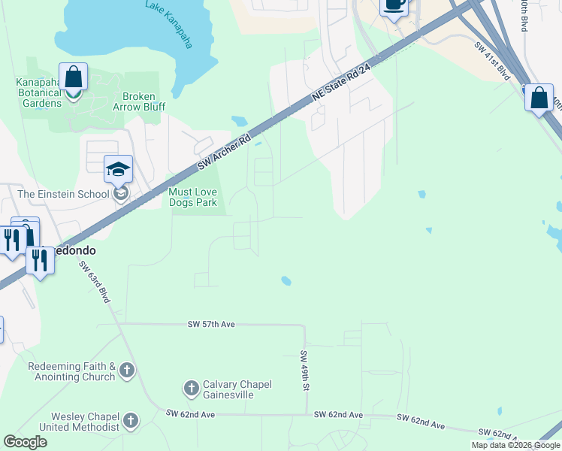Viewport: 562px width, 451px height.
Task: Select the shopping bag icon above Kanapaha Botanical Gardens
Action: click(x=73, y=77)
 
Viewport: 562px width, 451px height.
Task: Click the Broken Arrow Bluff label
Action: click(x=139, y=101)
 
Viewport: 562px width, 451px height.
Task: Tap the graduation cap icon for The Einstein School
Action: click(x=118, y=170)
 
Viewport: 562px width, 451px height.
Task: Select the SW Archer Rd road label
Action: click(x=223, y=153)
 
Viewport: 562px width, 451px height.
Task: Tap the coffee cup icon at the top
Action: click(x=394, y=5)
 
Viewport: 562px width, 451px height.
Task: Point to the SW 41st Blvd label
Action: click(x=493, y=62)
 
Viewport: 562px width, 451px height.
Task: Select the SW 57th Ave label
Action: click(x=211, y=324)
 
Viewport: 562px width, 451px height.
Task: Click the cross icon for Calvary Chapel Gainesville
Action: click(x=191, y=389)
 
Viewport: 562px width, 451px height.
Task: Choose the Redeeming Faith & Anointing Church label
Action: click(x=71, y=371)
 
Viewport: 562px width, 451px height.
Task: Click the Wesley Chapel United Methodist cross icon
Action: click(x=131, y=420)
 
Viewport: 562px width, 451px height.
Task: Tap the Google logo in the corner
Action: click(x=25, y=442)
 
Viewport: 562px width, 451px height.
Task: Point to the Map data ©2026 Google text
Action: click(x=515, y=445)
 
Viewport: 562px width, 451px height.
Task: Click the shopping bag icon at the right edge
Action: click(x=539, y=98)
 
